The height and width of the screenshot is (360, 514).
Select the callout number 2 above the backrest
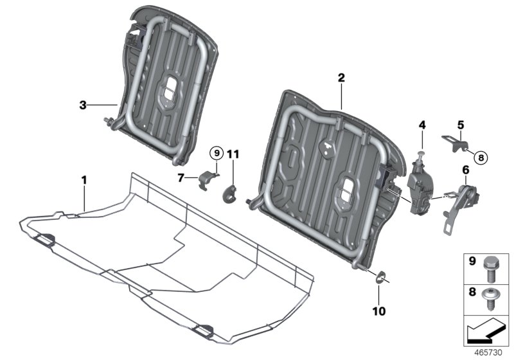tap(341, 78)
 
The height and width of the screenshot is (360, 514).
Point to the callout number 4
tap(421, 123)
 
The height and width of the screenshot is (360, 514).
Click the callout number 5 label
tap(460, 124)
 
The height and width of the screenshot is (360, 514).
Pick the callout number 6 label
tap(465, 170)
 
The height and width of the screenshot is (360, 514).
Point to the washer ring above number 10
tap(380, 278)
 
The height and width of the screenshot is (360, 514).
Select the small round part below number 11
tap(230, 192)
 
